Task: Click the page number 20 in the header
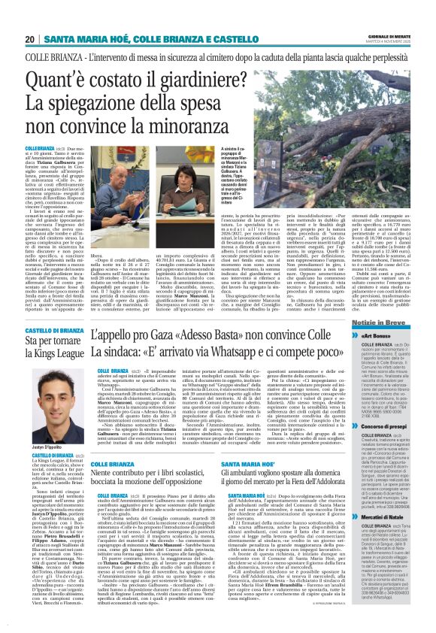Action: [29, 38]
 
